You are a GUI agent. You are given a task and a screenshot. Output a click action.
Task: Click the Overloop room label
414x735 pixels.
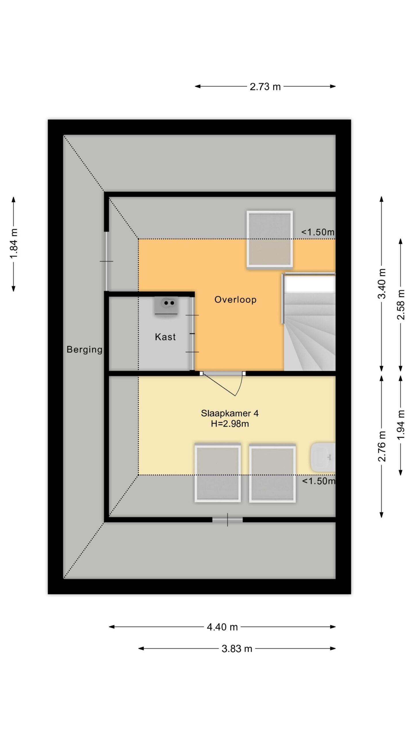pos(235,299)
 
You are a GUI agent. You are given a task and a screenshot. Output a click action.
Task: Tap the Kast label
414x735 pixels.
pos(165,337)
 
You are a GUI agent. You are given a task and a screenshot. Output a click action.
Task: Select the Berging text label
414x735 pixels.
pos(84,350)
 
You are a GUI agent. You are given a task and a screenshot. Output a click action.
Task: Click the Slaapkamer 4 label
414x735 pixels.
pos(229,413)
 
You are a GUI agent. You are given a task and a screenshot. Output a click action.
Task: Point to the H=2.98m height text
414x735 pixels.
pos(230,424)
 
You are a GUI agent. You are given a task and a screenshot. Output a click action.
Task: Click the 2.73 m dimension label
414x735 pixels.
pos(265,87)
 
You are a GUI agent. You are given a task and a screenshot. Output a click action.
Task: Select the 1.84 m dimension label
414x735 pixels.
pos(14,243)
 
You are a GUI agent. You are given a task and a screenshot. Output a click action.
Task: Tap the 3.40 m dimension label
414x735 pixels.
pos(382,284)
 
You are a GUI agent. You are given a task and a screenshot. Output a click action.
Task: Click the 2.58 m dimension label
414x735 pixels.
pos(400,305)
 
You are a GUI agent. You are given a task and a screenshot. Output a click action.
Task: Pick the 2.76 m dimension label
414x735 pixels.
pos(382,446)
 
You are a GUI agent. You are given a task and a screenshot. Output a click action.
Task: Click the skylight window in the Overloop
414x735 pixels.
pos(270,239)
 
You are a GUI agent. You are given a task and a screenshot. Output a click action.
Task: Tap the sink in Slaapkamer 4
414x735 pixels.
pos(323,457)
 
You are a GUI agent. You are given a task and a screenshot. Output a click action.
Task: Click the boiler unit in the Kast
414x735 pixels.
pos(166,306)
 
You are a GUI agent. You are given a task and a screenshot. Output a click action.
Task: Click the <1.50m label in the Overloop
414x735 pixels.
pos(318,232)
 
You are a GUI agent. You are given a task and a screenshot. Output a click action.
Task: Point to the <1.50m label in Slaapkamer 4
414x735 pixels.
pos(319,481)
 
